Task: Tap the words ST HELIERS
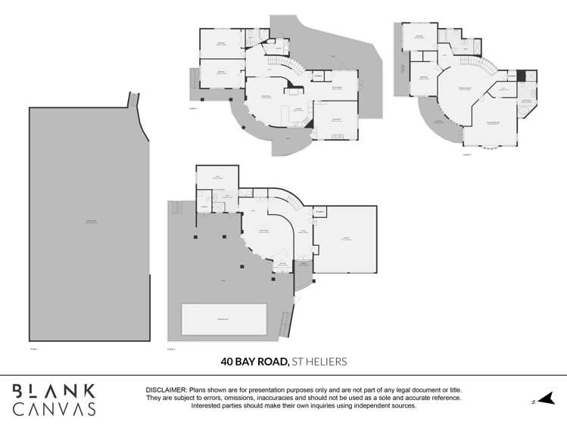[x=319, y=362]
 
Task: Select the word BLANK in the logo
[x=54, y=391]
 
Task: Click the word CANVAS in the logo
[x=54, y=409]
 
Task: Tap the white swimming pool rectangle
[x=224, y=319]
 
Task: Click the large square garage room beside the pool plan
[x=346, y=240]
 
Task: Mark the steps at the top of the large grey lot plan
[x=135, y=99]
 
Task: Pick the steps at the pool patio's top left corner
[x=176, y=207]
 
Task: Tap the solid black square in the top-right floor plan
[x=531, y=76]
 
